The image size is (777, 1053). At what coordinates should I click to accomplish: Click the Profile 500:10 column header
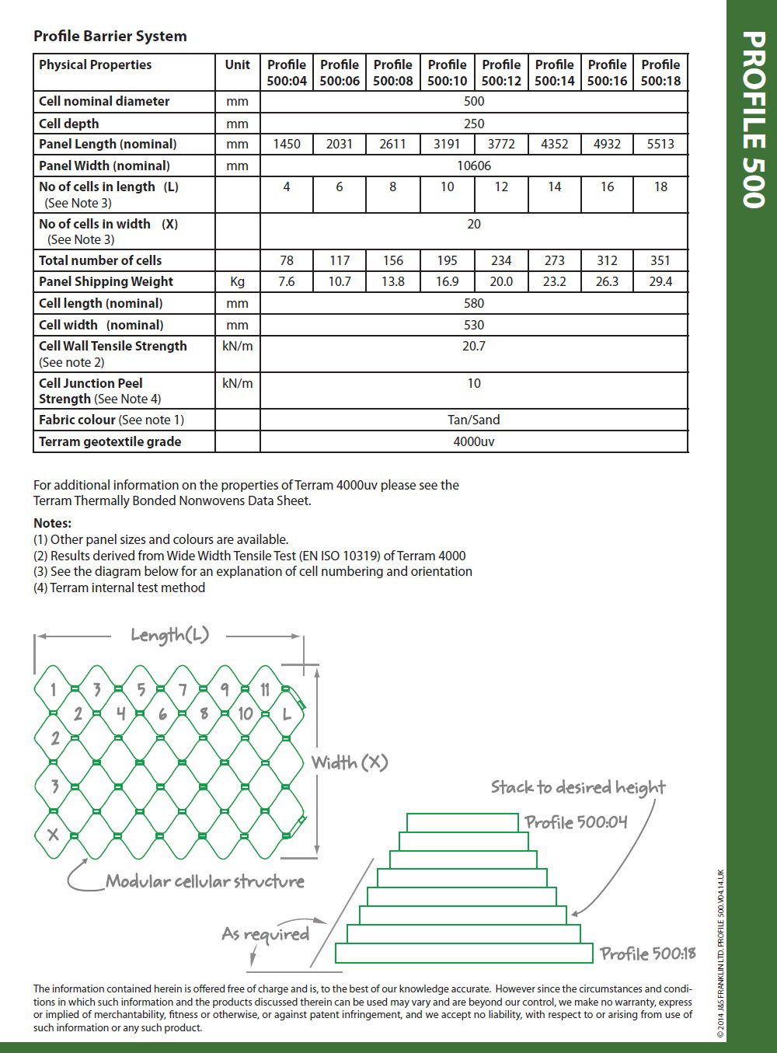click(447, 72)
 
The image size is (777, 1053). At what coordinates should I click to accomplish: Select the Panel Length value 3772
click(501, 144)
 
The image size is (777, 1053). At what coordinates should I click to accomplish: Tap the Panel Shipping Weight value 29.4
click(660, 281)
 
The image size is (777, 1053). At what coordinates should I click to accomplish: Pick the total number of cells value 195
click(447, 260)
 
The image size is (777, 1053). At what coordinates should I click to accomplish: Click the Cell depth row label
click(69, 124)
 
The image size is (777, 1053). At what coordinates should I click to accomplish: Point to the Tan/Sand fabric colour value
click(474, 420)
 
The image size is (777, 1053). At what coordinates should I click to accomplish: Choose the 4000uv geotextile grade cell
click(474, 441)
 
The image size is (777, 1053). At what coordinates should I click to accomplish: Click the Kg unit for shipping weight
click(237, 281)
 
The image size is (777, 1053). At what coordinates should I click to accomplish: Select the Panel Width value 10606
click(474, 166)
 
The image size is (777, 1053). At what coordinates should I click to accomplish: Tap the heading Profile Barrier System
click(110, 36)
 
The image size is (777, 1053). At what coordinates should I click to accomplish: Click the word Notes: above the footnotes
click(53, 523)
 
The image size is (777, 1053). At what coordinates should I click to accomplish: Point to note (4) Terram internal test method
click(119, 588)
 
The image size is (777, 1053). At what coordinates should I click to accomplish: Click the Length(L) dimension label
click(169, 635)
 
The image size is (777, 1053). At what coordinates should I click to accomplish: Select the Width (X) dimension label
click(350, 762)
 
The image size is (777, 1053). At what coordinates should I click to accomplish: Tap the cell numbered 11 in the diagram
click(264, 689)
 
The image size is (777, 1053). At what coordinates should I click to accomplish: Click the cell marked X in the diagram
click(54, 835)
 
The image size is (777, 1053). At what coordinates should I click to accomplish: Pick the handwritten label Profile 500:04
click(576, 822)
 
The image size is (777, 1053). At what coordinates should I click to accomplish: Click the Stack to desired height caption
click(578, 787)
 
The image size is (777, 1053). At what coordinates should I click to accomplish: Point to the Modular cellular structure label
click(205, 881)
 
